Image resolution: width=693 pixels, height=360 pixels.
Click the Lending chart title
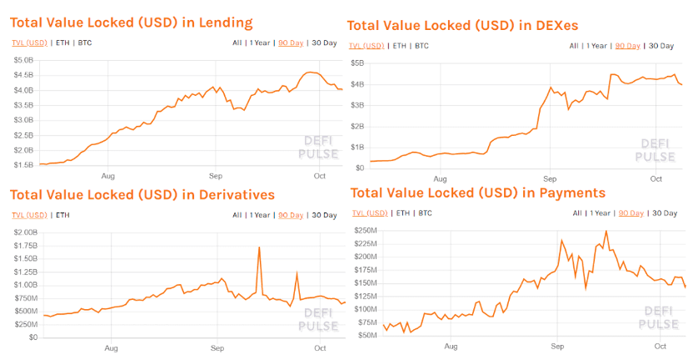[132, 22]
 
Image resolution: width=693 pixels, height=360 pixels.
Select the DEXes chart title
[462, 26]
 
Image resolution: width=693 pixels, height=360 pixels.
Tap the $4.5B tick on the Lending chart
[23, 75]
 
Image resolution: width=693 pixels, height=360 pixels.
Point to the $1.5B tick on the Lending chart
[23, 165]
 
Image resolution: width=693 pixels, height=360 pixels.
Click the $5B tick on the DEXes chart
[357, 63]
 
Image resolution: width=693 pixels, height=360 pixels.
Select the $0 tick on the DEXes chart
[359, 168]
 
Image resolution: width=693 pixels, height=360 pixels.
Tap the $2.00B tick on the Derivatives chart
[26, 232]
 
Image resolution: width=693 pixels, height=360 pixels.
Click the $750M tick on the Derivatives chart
[26, 298]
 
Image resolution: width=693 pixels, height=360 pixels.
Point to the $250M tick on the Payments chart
[366, 231]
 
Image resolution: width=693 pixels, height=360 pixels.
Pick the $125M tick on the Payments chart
[366, 296]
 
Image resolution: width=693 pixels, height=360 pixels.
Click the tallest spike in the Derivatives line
[259, 247]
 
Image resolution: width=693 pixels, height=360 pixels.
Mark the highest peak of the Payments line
[606, 232]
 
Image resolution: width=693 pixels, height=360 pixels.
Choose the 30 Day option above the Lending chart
[324, 42]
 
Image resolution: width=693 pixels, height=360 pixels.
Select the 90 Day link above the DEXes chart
[627, 46]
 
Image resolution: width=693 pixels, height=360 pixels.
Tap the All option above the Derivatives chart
[237, 215]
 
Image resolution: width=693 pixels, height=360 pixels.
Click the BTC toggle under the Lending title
[85, 42]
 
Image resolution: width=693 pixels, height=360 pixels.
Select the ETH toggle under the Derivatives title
[62, 215]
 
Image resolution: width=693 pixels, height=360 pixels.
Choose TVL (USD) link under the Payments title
[370, 213]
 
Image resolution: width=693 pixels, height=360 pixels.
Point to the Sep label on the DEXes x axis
[550, 179]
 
